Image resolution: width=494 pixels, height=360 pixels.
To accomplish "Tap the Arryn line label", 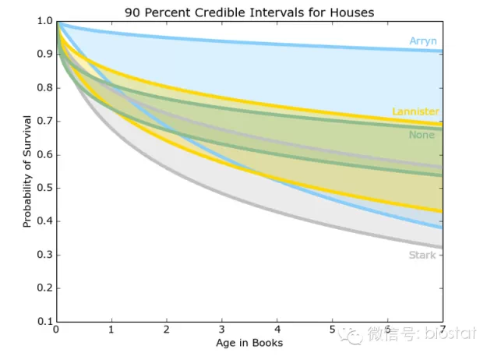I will point(424,41).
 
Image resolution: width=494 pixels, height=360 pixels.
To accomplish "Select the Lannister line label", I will point(415,111).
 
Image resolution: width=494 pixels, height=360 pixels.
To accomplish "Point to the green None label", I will point(422,135).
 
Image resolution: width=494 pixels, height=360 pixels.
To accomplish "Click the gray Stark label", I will point(422,255).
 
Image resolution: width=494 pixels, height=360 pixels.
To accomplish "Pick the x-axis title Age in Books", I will point(249,343).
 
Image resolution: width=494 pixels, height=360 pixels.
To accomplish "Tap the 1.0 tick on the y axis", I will point(44,21).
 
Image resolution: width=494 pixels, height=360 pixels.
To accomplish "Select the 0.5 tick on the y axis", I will point(44,188).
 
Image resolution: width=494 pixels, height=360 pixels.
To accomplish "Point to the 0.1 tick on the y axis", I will point(44,321).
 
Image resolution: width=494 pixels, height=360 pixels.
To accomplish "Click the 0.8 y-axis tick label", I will point(44,88).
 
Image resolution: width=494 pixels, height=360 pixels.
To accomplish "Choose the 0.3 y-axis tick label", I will point(44,255).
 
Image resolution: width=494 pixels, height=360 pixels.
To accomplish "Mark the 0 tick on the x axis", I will point(56,330).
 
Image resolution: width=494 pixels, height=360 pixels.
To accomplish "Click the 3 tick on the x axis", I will point(222,330).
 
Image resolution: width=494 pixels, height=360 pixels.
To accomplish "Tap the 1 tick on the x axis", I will point(111,330).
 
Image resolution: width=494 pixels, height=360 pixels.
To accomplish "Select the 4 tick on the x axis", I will point(277,330).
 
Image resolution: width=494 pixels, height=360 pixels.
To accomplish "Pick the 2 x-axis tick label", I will point(167,330).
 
